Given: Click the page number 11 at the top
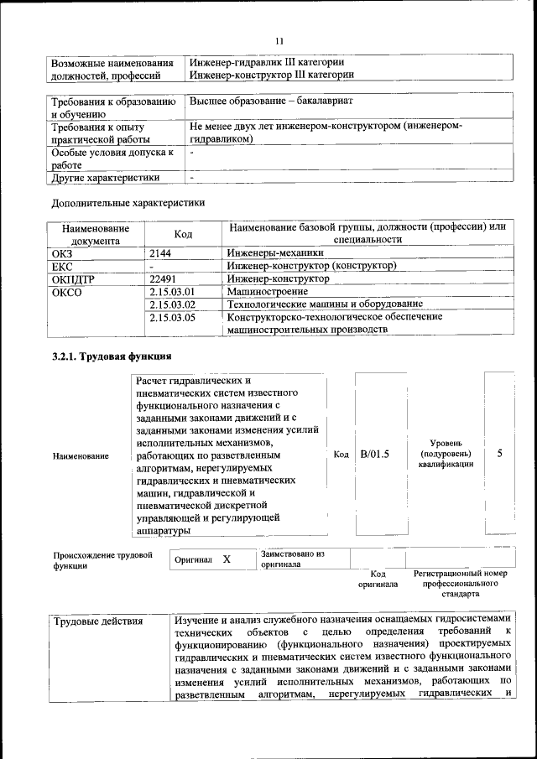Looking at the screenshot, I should (279, 40).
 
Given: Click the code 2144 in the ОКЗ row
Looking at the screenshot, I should (162, 252).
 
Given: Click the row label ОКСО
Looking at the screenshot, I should (67, 292).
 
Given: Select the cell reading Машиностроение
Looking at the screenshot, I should (268, 291).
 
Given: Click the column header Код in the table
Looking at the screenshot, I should (183, 234).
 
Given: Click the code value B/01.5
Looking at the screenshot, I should (375, 454).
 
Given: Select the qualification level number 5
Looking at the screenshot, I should (499, 454).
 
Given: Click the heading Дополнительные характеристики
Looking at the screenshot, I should (128, 202).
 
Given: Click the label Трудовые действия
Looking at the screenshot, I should (97, 621).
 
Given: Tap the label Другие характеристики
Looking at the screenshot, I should (106, 177).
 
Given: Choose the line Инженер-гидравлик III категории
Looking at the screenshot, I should (267, 62).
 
